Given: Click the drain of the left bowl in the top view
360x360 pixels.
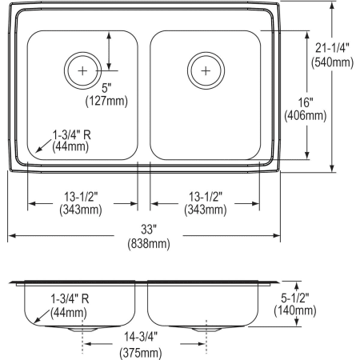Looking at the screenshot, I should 82,71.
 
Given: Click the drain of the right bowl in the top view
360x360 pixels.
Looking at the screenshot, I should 206,71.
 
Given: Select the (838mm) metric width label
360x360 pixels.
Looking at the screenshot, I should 145,243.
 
